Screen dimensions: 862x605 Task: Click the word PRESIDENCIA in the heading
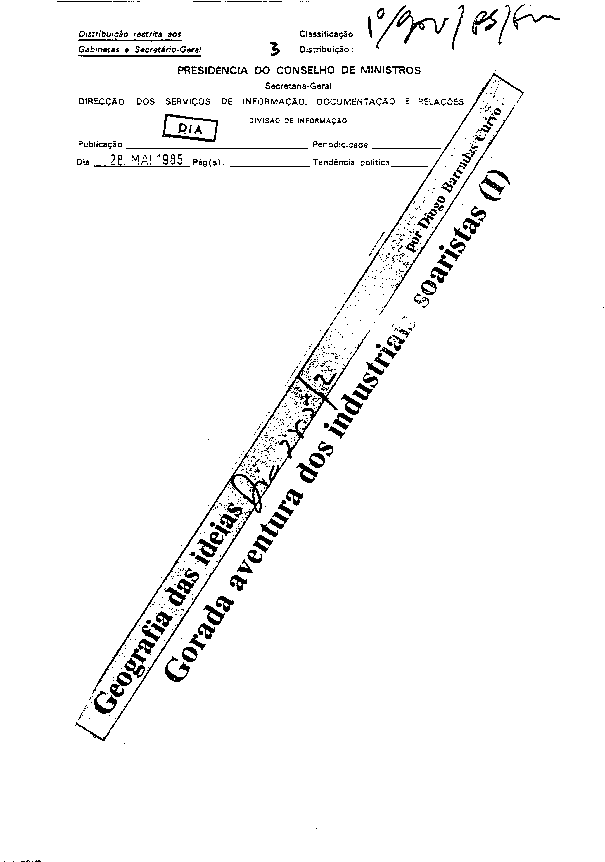click(x=212, y=71)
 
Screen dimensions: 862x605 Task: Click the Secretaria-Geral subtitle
click(x=298, y=86)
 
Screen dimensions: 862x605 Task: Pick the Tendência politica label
click(x=351, y=163)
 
